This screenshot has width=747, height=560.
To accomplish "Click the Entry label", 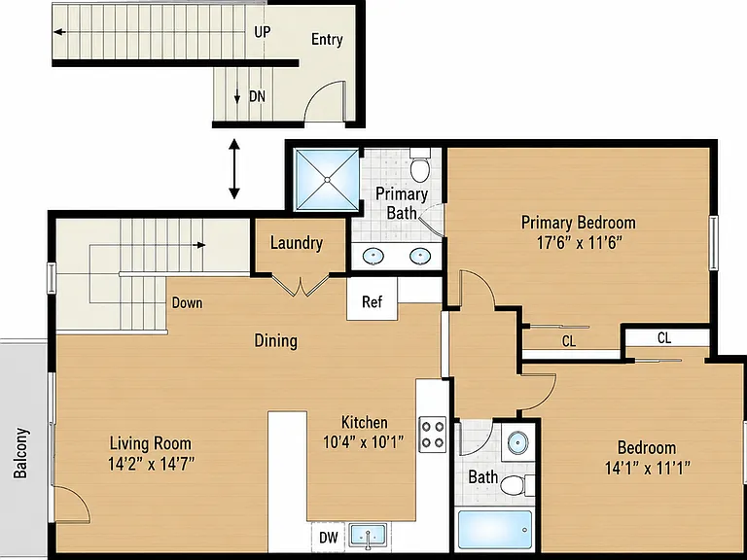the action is pos(327,40).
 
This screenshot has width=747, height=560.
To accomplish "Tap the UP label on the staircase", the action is pos(262,32).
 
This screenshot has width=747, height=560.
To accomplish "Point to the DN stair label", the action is pos(257,96).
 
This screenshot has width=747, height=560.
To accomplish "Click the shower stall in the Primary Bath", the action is pos(327,180).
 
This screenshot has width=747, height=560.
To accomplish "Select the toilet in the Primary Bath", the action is pos(420,165).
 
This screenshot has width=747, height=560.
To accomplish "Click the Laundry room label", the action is pos(297,243).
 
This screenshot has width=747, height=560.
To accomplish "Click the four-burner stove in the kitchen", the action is pos(433,435).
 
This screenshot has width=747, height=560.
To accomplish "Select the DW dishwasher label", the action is pos(329,538).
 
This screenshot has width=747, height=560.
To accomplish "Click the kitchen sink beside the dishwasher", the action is pos(368,536).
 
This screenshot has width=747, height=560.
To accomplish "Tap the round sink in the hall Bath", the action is pos(517,443).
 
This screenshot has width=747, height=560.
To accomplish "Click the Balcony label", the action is pos(20,453).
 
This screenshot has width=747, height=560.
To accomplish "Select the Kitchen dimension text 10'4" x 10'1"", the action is pos(364,442).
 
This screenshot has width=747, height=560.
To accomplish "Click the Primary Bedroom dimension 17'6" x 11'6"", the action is pos(580,243).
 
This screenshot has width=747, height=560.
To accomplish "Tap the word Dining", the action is pos(276,341).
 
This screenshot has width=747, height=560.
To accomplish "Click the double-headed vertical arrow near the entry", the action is pos(233,168).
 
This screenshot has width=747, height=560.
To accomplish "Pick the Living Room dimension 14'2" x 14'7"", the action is pos(151,464).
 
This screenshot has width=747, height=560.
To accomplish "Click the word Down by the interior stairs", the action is pos(187,303).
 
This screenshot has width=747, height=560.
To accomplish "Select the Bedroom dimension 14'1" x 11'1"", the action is pos(648,468).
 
